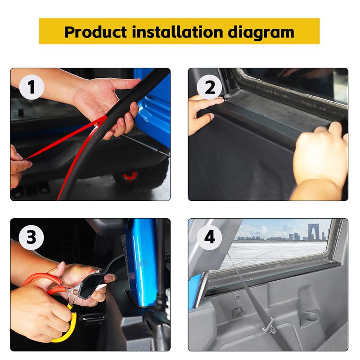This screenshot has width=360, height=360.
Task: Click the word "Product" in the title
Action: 96,32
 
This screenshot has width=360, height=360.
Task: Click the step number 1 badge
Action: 31,88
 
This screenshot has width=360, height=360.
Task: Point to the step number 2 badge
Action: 210,88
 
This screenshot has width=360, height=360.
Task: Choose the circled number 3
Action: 31,237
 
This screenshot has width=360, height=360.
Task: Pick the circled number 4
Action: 210,237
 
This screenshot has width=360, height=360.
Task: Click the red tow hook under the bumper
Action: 131,175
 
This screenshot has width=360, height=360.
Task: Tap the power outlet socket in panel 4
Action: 238,310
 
